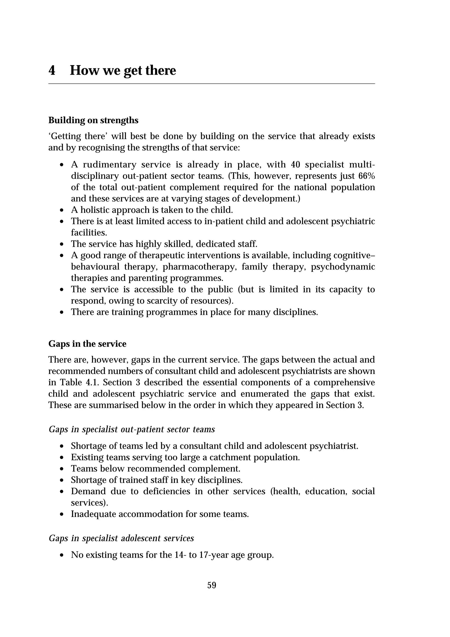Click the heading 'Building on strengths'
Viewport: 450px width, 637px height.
click(x=93, y=120)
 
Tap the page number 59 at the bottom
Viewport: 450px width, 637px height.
click(x=212, y=585)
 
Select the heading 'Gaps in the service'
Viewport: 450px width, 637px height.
click(x=87, y=344)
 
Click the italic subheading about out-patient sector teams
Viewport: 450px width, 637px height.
click(x=132, y=429)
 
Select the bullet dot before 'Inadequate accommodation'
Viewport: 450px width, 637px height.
click(x=62, y=514)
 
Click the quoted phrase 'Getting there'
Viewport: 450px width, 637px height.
click(x=78, y=136)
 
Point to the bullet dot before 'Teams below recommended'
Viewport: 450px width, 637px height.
click(x=62, y=469)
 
